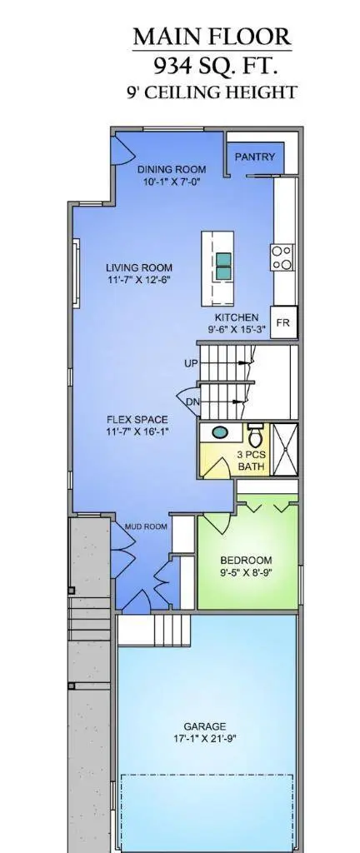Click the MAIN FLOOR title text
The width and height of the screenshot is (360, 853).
pos(212,37)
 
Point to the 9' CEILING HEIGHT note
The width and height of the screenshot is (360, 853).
pos(212,92)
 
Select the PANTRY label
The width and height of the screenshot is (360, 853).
pos(255,157)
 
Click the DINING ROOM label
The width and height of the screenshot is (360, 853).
pos(172,169)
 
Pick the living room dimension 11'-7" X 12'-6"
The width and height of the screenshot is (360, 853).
pos(139,280)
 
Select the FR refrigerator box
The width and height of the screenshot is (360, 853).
pos(282,323)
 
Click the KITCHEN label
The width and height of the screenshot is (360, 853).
pos(237,317)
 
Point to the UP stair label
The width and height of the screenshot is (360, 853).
pos(191,363)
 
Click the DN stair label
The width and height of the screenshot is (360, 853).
pos(192,402)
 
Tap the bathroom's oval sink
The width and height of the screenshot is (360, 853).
pos(220,433)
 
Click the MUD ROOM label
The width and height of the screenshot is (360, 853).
pos(147,526)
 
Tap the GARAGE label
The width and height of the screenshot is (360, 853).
pos(205,726)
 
